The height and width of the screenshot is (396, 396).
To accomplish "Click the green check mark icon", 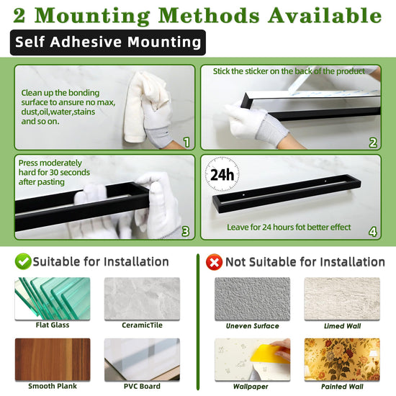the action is pos(23,261).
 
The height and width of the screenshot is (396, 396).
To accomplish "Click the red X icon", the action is pos(214,262).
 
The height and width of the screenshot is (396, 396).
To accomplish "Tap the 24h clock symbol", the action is pos(222,174).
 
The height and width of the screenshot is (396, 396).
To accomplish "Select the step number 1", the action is pos(186,142).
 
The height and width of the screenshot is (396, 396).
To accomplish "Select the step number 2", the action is pos(373,143).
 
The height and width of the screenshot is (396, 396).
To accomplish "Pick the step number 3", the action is pos(186,231).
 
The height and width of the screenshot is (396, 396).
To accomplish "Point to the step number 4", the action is pos(373,232).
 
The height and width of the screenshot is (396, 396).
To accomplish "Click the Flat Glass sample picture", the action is pos(53,299).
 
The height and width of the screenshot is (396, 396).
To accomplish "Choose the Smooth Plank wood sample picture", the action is pos(53,359).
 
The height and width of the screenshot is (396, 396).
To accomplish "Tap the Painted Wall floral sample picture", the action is pos(342,359).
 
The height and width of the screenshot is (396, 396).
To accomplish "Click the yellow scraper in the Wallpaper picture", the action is pos(269,354).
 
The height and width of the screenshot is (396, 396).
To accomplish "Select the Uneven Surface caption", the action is pos(252,325).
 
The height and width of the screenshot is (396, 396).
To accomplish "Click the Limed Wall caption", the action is pos(343,325).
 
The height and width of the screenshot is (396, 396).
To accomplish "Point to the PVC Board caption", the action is pos(142,386).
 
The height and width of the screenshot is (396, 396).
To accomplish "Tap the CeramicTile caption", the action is pos(142,325).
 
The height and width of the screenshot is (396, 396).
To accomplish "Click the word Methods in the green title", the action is pos(209,16).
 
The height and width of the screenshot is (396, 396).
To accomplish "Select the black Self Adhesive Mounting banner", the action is pos(108,42).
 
